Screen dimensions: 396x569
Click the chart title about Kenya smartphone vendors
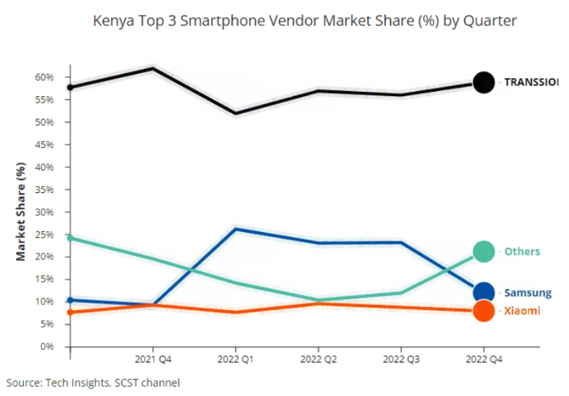pos(305,21)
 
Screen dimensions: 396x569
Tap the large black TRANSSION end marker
pos(483,82)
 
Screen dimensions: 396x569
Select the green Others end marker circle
pos(483,251)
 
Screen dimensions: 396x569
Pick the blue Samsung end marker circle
pos(483,293)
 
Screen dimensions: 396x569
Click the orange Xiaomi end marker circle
pos(483,311)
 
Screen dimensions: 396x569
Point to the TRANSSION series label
pos(531,82)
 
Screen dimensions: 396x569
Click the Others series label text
pos(522,251)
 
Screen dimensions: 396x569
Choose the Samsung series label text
pos(528,293)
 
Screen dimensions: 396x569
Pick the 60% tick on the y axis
pos(44,77)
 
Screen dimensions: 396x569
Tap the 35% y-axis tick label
pos(44,189)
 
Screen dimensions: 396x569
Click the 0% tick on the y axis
pos(47,347)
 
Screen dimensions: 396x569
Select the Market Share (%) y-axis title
pos(21,212)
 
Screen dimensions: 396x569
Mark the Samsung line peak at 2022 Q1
pos(236,229)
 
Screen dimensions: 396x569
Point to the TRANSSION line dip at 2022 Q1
pos(236,113)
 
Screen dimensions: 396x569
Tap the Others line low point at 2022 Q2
pos(318,300)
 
